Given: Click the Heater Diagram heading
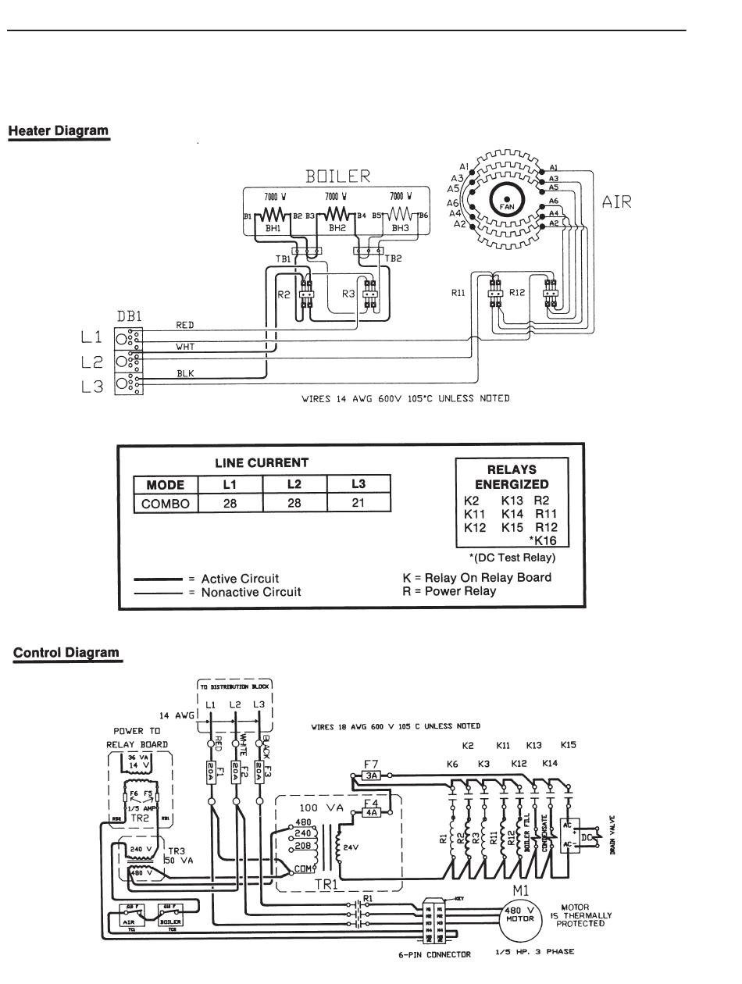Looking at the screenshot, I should (59, 130).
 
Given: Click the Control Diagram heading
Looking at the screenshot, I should (68, 652).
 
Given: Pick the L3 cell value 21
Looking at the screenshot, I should (359, 504).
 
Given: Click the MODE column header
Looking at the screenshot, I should (166, 485).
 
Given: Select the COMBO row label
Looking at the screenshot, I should (166, 504).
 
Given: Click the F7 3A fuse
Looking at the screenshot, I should (373, 775).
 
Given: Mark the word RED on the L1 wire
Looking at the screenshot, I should (186, 325).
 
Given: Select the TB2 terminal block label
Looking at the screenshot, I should (393, 258).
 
